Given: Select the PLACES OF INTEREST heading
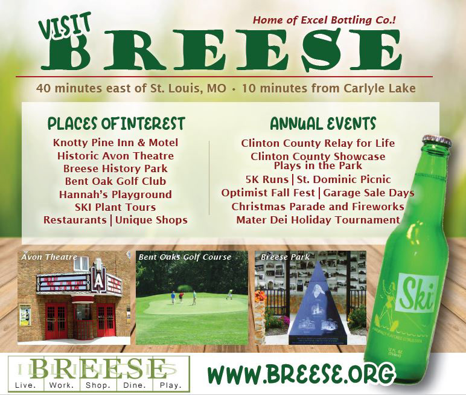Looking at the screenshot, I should tap(116, 124).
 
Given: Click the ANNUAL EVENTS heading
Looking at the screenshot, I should tap(323, 124).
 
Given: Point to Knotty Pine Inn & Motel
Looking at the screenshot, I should tap(115, 143).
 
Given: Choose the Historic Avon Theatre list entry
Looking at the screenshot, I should tap(115, 156).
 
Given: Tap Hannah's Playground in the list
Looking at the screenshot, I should tap(115, 194).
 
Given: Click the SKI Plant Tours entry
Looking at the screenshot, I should tap(115, 207).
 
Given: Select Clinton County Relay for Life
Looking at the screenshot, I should tap(318, 143).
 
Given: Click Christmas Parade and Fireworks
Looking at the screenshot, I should tap(318, 207).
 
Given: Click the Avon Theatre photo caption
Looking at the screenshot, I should tap(49, 257).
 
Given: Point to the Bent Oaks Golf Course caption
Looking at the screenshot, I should tap(185, 257).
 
